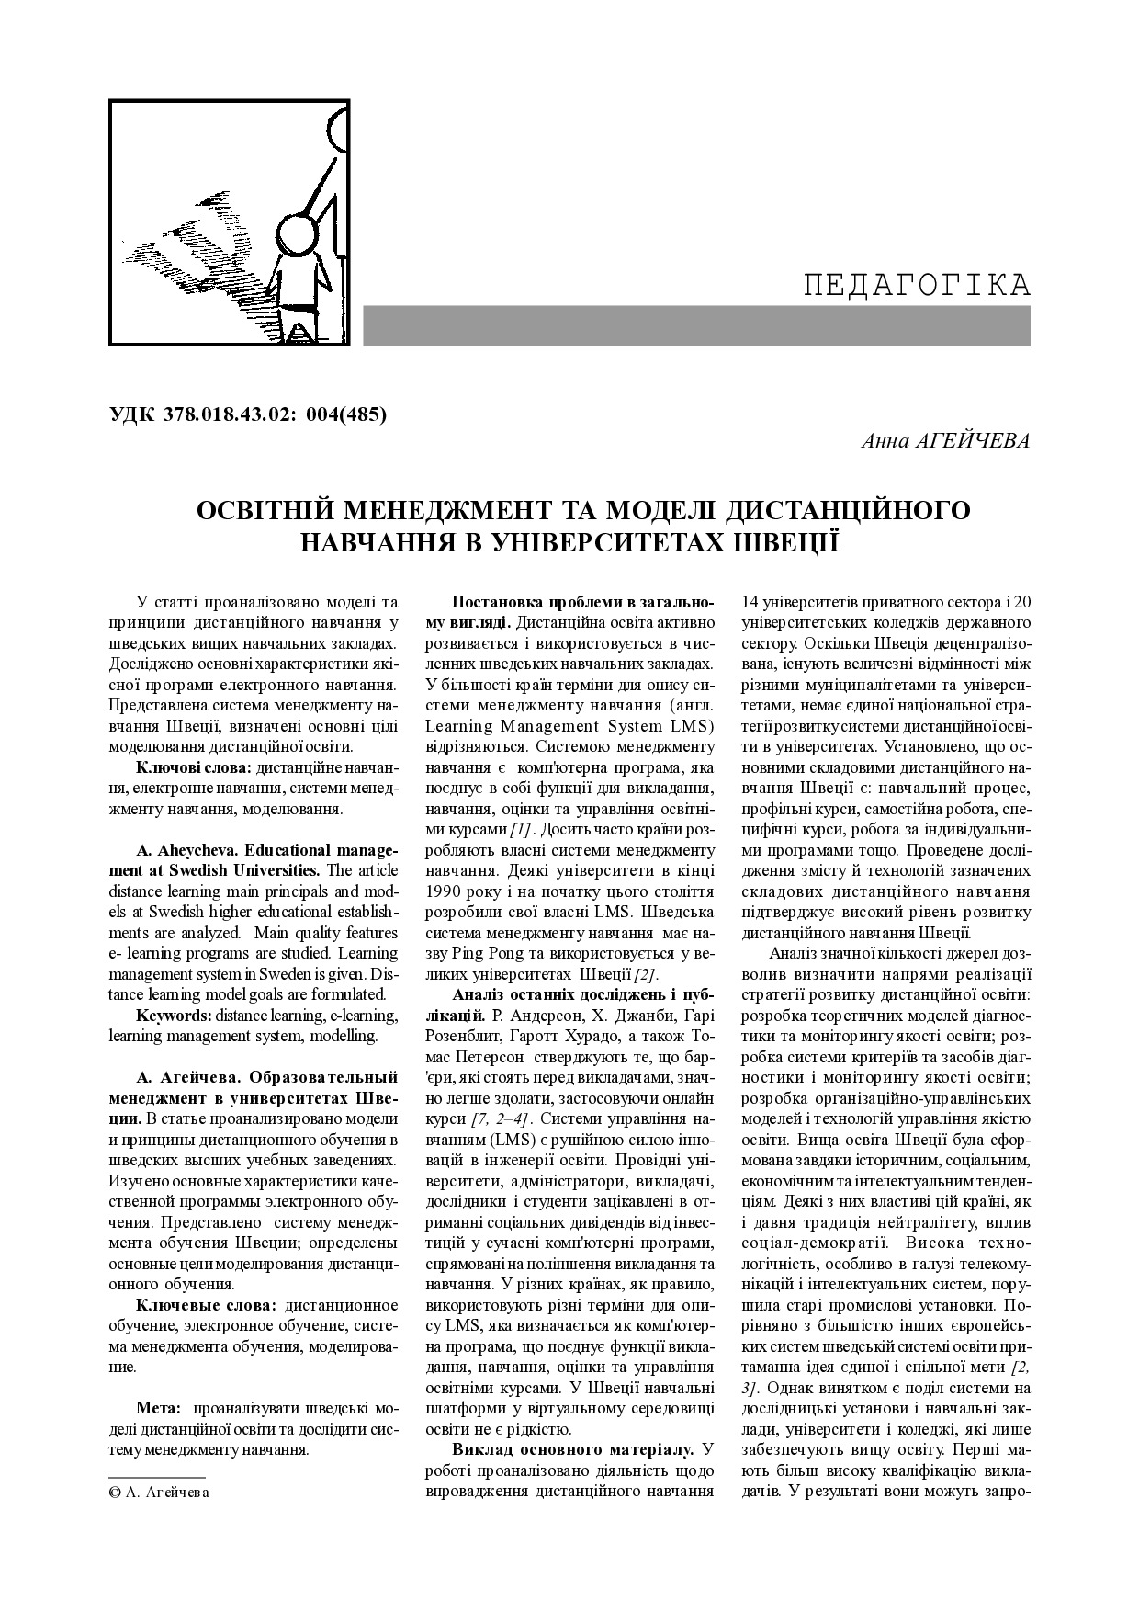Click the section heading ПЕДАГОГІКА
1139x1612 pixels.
pyautogui.click(x=917, y=286)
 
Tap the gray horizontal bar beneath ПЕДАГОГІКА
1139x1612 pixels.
pyautogui.click(x=696, y=326)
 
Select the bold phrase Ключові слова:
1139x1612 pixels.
pyautogui.click(x=194, y=767)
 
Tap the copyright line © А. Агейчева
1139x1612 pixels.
pyautogui.click(x=159, y=1492)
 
